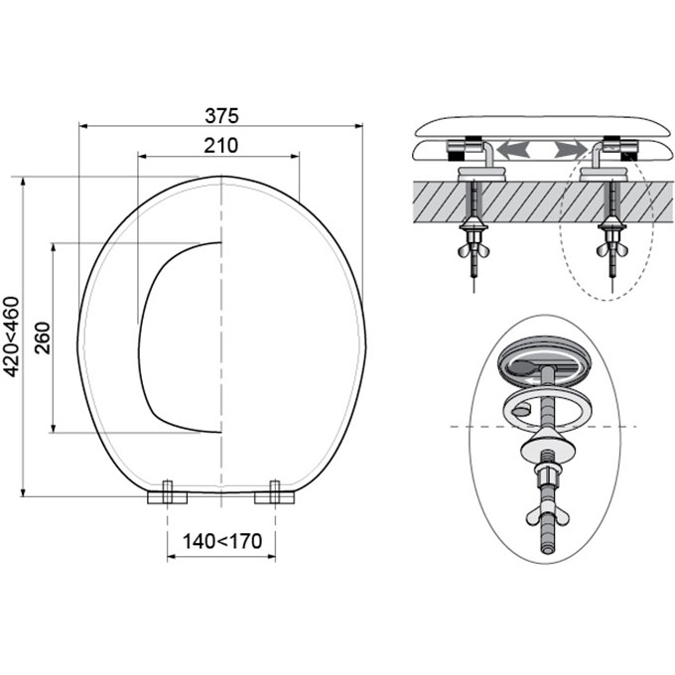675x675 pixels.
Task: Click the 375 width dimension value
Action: pos(221,116)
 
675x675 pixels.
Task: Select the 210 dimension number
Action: pos(220,146)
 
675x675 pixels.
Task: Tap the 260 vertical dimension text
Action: pos(43,337)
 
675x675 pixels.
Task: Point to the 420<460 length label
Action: pos(12,337)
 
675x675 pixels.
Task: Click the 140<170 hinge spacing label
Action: pos(222,541)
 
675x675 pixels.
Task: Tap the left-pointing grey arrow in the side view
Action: pos(512,150)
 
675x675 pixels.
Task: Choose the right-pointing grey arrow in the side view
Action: pos(571,150)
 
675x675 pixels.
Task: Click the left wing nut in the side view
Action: pos(473,250)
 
